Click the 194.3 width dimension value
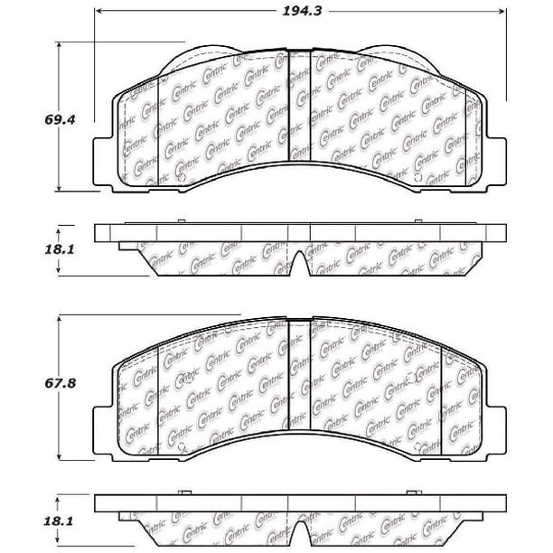click(302, 11)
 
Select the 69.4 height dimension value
click(60, 119)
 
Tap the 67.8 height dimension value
click(60, 383)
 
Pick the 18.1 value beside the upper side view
click(60, 249)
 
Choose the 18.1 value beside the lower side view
click(59, 520)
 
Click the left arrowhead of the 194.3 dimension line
click(99, 11)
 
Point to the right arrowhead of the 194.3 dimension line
click(501, 11)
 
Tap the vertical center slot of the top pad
click(299, 105)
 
